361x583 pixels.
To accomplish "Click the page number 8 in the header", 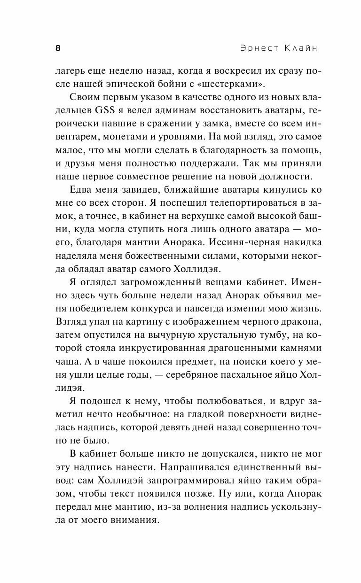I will point(57,48).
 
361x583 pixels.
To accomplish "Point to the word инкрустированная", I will point(158,348).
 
